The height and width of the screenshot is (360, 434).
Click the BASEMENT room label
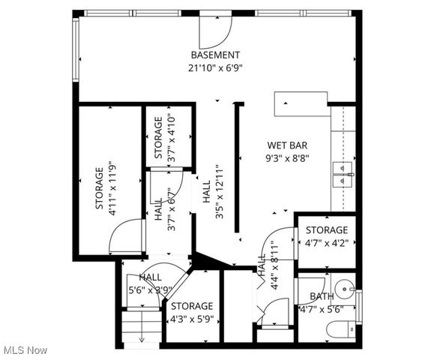click(215, 55)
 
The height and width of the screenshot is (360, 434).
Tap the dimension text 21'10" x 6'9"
click(215, 67)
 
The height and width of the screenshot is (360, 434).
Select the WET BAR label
click(288, 145)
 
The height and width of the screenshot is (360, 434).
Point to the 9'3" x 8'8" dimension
click(288, 158)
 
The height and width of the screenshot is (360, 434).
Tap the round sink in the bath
click(344, 286)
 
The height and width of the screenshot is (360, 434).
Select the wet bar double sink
click(343, 175)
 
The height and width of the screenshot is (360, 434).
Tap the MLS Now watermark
click(25, 350)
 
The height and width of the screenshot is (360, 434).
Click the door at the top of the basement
click(215, 30)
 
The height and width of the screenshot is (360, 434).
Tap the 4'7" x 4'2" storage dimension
click(326, 243)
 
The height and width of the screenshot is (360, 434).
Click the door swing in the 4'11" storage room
click(126, 237)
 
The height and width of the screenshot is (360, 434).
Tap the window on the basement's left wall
click(75, 50)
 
